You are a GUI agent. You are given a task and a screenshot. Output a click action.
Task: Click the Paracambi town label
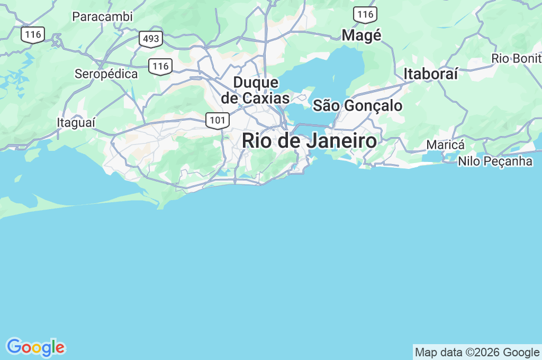click(x=102, y=16)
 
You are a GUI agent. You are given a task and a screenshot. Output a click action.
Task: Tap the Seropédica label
click(x=106, y=74)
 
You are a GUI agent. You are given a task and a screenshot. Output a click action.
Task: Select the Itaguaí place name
click(x=76, y=122)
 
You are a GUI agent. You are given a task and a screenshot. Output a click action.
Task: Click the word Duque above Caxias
click(x=256, y=83)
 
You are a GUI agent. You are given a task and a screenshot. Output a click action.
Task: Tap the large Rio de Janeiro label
click(x=310, y=141)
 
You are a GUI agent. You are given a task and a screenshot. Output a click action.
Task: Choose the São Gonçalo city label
click(x=357, y=105)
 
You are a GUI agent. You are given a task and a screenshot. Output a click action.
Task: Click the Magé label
click(x=362, y=35)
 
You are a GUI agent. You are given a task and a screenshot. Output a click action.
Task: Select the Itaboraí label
click(x=430, y=74)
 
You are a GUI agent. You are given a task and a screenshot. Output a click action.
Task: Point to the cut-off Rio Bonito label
click(x=516, y=58)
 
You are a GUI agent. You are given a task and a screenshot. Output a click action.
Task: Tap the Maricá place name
click(x=445, y=145)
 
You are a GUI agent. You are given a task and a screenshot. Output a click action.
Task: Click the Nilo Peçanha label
click(x=495, y=161)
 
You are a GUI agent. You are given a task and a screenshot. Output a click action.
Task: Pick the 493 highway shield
click(x=151, y=39)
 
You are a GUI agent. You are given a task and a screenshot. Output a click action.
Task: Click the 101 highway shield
click(x=218, y=121)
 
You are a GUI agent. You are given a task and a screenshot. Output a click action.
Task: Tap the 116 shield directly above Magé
click(x=365, y=15)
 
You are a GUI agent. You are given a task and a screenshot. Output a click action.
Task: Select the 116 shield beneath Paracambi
click(x=33, y=35)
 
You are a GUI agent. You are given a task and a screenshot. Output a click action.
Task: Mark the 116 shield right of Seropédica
click(x=160, y=66)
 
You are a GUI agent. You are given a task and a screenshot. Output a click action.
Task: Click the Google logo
click(x=35, y=347)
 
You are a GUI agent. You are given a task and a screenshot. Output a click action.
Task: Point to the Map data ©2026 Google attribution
click(x=477, y=353)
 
